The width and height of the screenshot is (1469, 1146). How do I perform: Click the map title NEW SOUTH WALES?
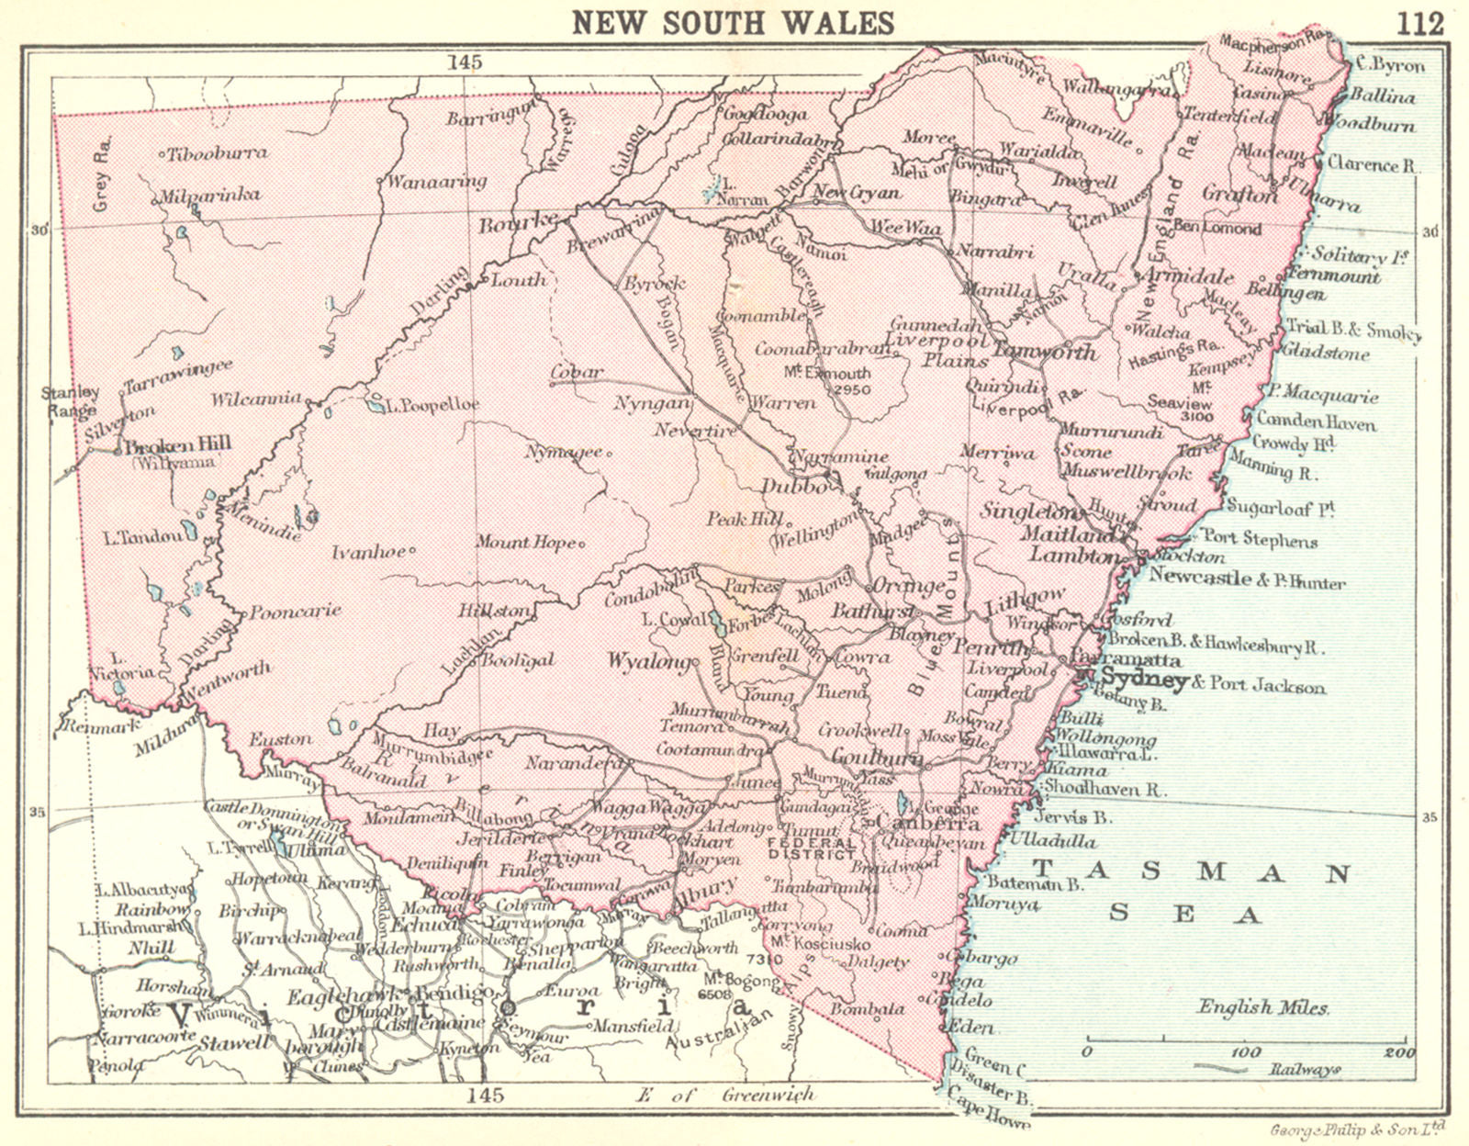tap(733, 22)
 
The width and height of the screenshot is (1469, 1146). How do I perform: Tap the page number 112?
tap(1420, 23)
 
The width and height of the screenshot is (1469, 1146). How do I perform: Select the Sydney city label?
tap(1144, 680)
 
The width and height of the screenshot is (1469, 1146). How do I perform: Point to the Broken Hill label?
tap(177, 445)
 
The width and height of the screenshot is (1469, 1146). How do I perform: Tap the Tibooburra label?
tap(218, 153)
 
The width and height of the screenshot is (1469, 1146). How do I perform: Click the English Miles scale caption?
tap(1262, 1007)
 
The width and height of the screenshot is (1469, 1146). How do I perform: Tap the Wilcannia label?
tap(256, 399)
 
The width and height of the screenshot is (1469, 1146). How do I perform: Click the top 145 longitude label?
tap(465, 62)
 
